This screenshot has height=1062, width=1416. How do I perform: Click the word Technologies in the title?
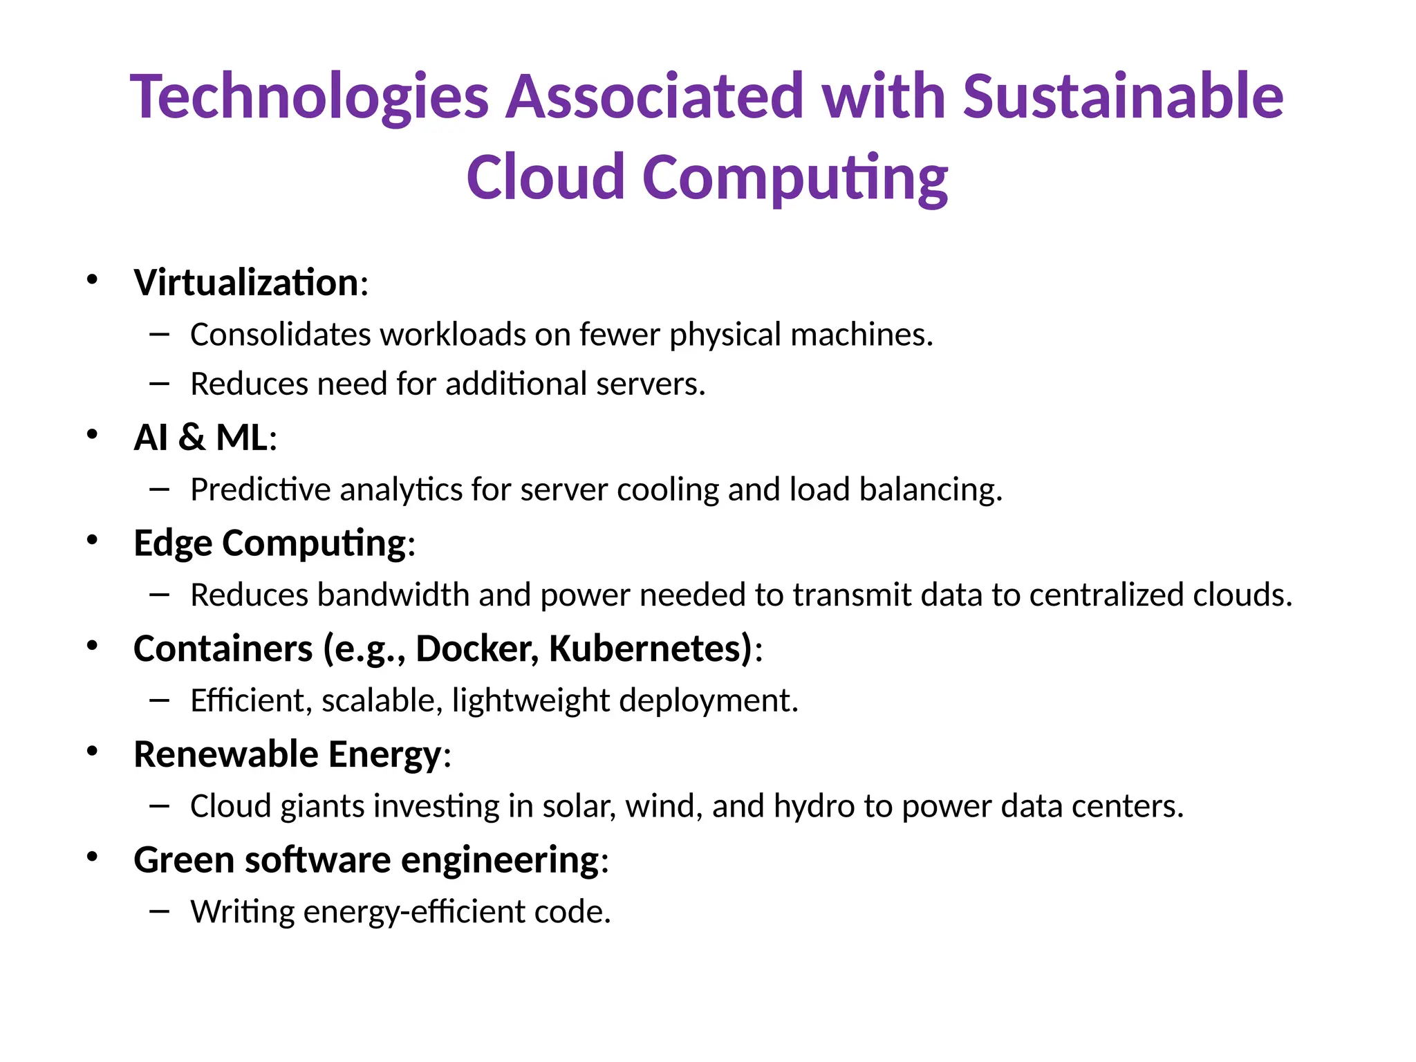tap(309, 97)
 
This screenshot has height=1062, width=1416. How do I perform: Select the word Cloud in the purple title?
tap(545, 177)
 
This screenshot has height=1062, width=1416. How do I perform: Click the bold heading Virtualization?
tap(246, 283)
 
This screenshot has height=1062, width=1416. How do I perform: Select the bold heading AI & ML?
tap(201, 438)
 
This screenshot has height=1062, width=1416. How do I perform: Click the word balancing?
tap(931, 490)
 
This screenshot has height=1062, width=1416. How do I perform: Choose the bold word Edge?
tap(173, 543)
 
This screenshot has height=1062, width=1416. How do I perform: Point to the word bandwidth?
tap(393, 595)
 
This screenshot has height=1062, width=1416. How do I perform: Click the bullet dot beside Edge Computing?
tap(92, 541)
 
